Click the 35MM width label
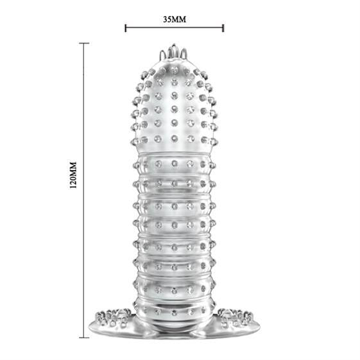coord(175,19)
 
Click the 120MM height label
coord(73,175)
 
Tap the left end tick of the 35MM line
coord(125,28)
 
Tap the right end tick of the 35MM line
coord(223,28)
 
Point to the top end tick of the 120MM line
coord(84,43)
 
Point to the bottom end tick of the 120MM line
coord(84,338)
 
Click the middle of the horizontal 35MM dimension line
coord(175,28)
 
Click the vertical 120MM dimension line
coord(84,191)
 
